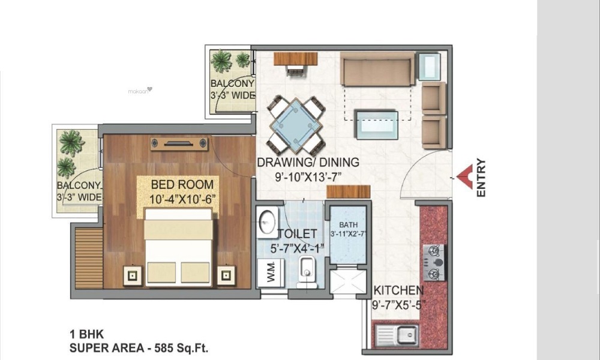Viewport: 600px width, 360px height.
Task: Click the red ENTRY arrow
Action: coord(464,178)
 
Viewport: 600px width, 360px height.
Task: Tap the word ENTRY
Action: coord(480,178)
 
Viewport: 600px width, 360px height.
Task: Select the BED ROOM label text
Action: coord(177,184)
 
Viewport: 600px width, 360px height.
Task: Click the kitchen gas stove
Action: coord(435,263)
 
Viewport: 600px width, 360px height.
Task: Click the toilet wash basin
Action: coord(267,222)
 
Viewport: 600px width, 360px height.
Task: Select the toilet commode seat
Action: coord(306,268)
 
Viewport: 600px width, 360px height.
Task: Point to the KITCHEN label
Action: coord(398,291)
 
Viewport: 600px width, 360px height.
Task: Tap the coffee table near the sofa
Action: coord(376,118)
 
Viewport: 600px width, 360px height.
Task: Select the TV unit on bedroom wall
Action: coord(179,143)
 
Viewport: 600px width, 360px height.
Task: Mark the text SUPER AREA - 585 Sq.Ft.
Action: coord(140,347)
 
